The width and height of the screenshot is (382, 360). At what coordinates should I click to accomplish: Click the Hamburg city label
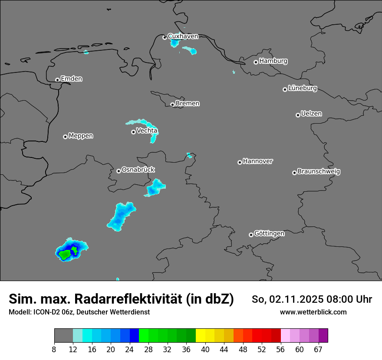point(273,61)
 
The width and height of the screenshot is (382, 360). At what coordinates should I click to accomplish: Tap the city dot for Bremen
point(172,105)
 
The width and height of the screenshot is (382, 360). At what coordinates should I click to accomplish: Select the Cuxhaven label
point(183,36)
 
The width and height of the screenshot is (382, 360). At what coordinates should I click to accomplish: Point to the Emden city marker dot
point(57,80)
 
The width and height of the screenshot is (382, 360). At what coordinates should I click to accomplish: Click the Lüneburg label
point(302,88)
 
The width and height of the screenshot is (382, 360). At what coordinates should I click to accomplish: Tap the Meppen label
point(81,136)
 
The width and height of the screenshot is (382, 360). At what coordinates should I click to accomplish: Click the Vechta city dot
point(133,132)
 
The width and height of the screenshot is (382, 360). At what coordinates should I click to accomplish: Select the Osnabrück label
point(138,170)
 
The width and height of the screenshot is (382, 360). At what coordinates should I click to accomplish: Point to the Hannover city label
point(257,161)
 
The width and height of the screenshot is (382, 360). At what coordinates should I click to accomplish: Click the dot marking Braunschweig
point(294,173)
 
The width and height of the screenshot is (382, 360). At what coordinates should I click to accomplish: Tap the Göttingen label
point(269,234)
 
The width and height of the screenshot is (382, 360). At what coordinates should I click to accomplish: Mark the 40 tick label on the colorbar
point(205,349)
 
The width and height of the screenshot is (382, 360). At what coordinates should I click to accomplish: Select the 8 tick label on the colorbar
point(54,349)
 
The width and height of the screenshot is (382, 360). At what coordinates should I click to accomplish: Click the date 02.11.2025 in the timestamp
point(290,299)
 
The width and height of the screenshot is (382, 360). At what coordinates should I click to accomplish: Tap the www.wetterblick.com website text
point(313,312)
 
